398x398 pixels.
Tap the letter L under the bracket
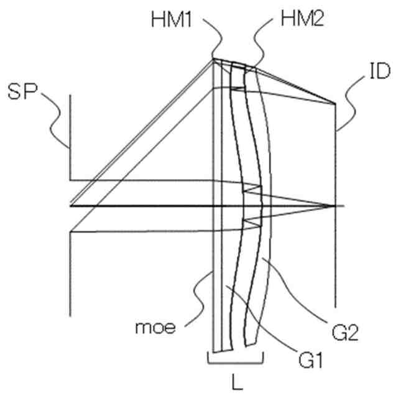coord(236,384)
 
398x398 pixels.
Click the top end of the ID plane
coord(336,104)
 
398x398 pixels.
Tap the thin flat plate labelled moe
coord(217,249)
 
